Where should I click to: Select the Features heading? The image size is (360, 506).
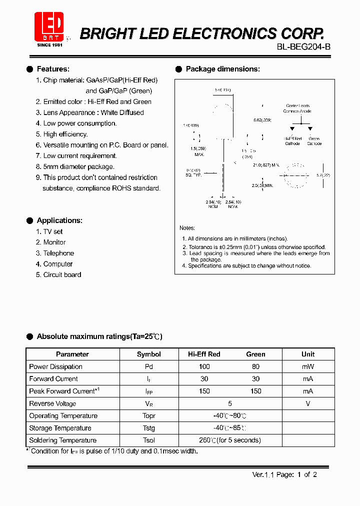tap(53, 69)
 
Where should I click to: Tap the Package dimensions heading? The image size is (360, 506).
tap(222, 69)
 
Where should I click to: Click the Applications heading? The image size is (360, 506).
tap(59, 220)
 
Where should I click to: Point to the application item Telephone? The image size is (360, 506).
tap(58, 253)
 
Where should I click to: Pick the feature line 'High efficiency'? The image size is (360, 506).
tap(65, 134)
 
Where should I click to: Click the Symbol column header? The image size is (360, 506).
tap(149, 354)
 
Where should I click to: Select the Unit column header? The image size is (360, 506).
tap(308, 354)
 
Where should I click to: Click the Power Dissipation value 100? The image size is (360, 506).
tap(204, 366)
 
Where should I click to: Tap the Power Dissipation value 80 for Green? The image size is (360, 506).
tap(255, 366)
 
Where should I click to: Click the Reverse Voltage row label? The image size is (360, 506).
tap(52, 403)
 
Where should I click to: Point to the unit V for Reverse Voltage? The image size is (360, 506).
tap(308, 403)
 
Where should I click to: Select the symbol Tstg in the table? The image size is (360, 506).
tap(149, 428)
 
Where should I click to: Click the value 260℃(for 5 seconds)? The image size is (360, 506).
tap(230, 440)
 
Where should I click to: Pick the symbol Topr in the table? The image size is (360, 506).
tap(149, 416)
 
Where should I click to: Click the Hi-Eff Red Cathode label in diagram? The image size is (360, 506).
tap(292, 141)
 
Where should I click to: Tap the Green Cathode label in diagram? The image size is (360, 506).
tap(314, 141)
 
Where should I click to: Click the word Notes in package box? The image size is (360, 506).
tap(187, 228)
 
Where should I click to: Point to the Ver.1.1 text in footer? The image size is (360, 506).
tap(261, 475)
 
